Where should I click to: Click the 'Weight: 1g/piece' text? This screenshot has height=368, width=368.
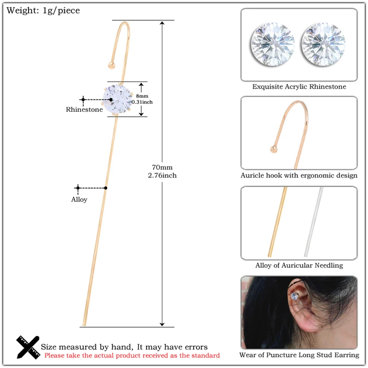pyautogui.click(x=43, y=11)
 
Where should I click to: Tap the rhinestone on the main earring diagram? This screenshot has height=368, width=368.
pyautogui.click(x=120, y=99)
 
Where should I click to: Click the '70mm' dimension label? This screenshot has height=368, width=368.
pyautogui.click(x=162, y=167)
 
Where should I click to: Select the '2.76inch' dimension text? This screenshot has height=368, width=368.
pyautogui.click(x=162, y=175)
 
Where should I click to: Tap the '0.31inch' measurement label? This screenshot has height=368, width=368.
pyautogui.click(x=142, y=102)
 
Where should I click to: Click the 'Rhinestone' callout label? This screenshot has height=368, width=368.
pyautogui.click(x=84, y=109)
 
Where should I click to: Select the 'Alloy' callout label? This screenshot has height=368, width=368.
pyautogui.click(x=79, y=200)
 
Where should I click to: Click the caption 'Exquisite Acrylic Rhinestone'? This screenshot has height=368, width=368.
pyautogui.click(x=299, y=86)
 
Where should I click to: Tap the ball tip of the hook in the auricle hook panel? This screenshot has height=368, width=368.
pyautogui.click(x=273, y=148)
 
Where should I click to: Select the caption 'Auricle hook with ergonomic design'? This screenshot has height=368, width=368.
pyautogui.click(x=299, y=176)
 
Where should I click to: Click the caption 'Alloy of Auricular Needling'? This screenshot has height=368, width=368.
pyautogui.click(x=299, y=265)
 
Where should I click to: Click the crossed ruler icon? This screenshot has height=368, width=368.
pyautogui.click(x=28, y=347)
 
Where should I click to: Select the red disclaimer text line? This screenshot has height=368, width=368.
pyautogui.click(x=132, y=355)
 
